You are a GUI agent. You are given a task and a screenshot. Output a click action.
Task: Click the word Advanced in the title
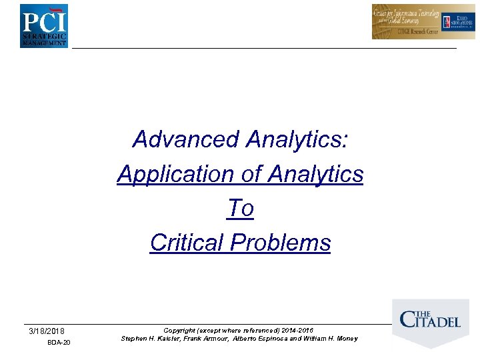click(x=186, y=139)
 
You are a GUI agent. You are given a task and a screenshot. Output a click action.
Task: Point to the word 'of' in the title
click(x=252, y=174)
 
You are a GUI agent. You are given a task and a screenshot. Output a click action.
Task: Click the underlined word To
click(x=240, y=209)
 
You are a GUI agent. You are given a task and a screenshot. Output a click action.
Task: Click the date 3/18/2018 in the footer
click(x=47, y=331)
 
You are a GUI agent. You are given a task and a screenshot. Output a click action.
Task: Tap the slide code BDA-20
click(x=59, y=343)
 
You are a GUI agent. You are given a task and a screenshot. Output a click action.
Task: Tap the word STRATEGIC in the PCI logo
click(x=44, y=35)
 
